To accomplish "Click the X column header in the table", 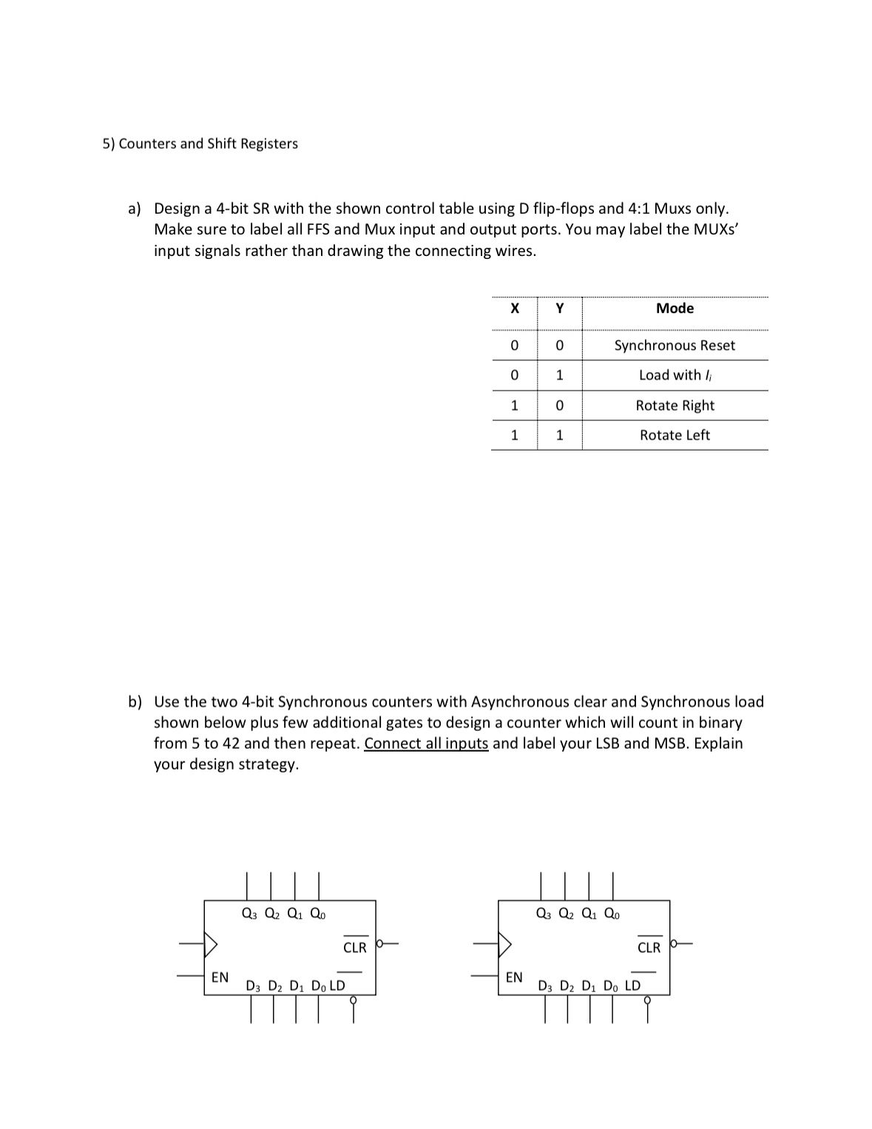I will tap(515, 308).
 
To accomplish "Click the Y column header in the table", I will tap(560, 308).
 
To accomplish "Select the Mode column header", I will tap(675, 308).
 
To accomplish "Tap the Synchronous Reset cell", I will tap(675, 346).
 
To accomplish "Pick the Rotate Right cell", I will tap(675, 405).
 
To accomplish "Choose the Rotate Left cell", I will tap(675, 435).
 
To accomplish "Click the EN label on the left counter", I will tap(220, 977).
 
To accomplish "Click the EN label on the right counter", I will tap(514, 977).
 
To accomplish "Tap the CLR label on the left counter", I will tap(355, 948).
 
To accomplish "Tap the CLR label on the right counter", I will tap(649, 948).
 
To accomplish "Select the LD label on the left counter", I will tap(337, 985).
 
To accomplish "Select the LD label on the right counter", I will tap(632, 985).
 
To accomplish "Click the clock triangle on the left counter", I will tap(212, 943).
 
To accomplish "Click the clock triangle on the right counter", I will tap(506, 943).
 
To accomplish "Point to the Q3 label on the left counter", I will tap(249, 914).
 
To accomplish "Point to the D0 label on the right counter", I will tap(611, 986).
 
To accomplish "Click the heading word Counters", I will tap(147, 144).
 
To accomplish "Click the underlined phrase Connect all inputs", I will tap(426, 743).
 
